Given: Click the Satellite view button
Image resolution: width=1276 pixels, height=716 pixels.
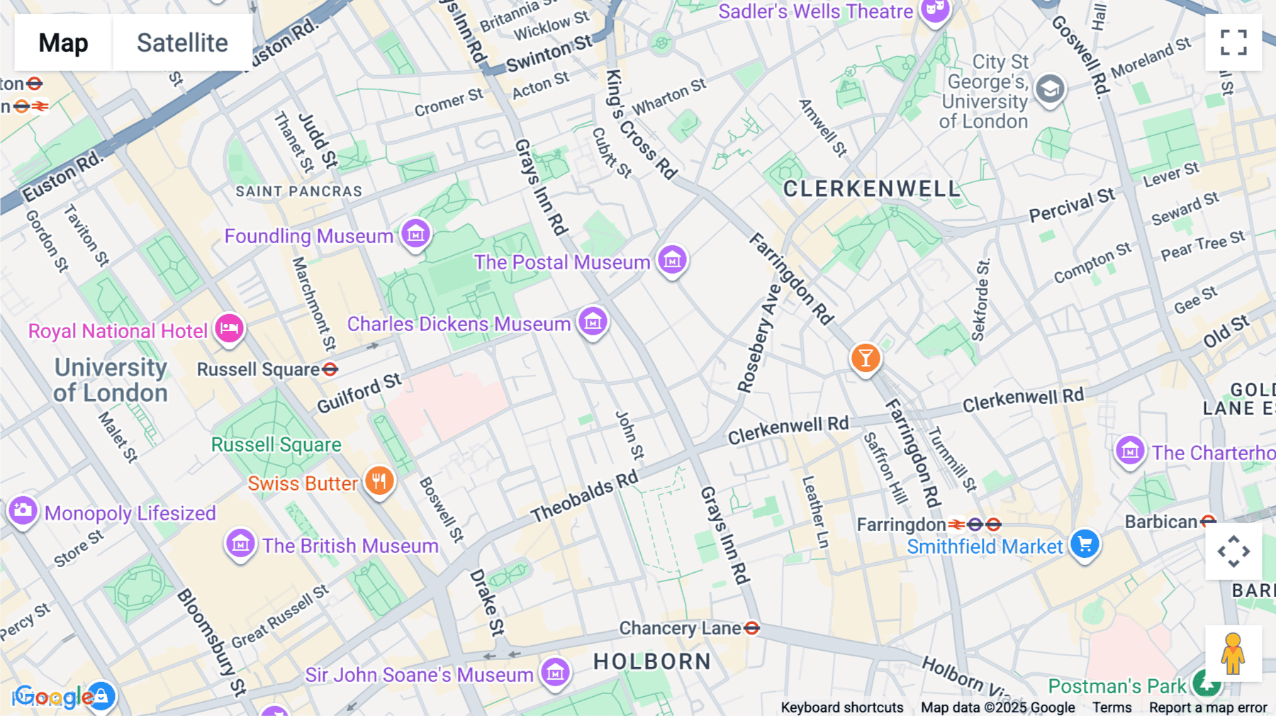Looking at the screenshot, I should pos(182,43).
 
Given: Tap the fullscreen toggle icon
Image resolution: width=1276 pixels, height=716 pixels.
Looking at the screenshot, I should pos(1233,43).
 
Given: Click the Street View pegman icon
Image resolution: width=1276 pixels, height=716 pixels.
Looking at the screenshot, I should pos(1233,653).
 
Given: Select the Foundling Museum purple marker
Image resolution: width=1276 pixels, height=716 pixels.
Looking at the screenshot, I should pos(415,233).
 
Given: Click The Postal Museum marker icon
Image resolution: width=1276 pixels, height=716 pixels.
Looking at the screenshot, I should pos(672,259).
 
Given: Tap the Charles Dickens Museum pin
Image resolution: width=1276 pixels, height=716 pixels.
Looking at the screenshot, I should pos(593,322).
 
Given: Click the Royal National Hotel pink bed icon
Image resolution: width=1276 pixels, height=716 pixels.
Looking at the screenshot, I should pos(229,328).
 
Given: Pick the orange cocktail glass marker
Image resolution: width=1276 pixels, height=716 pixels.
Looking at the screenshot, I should pos(865,357).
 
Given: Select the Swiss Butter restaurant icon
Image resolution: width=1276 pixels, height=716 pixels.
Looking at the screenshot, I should pos(379,481).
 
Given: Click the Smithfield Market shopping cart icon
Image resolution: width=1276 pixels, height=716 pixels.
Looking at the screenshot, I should pos(1084,544).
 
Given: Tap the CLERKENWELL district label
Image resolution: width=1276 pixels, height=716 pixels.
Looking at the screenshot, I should pos(871,189).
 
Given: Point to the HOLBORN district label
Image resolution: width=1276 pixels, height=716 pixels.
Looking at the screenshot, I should pos(651,661).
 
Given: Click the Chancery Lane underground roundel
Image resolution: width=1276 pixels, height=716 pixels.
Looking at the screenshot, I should pos(752,628).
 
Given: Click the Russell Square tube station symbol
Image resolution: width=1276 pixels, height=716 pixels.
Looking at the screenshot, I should pos(330,369).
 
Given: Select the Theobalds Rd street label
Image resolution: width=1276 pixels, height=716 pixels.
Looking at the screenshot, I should pos(584,497).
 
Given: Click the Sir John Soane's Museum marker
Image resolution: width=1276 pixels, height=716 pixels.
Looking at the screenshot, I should pos(555,671).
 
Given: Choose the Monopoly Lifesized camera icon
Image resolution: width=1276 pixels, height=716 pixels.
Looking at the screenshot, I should pos(23,510).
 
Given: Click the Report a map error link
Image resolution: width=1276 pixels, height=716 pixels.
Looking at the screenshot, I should pos(1207,707).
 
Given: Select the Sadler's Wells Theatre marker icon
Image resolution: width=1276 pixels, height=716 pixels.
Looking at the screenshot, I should pos(935,10).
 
